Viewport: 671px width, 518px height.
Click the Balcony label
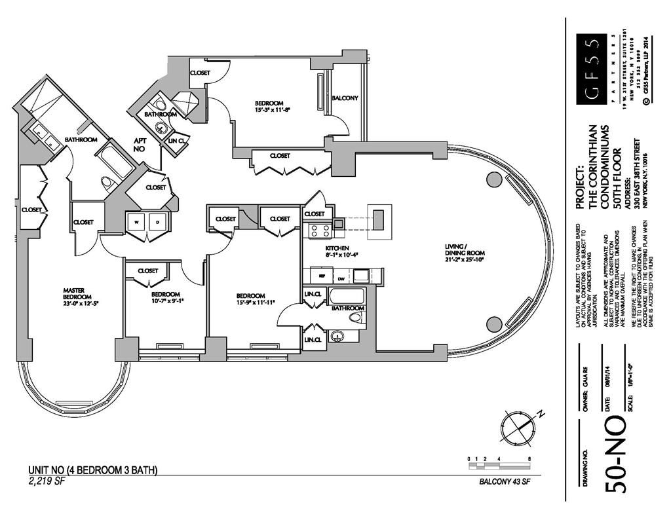[x=345, y=98]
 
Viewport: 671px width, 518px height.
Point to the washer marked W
[x=137, y=221]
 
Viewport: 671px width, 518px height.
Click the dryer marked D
[x=158, y=221]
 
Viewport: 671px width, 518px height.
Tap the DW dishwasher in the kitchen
[x=340, y=278]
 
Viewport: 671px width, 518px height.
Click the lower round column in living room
[x=494, y=323]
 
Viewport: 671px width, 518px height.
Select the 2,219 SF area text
[x=47, y=481]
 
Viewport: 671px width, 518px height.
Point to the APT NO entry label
[x=140, y=144]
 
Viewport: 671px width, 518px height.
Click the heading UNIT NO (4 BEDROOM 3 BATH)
[x=92, y=470]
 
